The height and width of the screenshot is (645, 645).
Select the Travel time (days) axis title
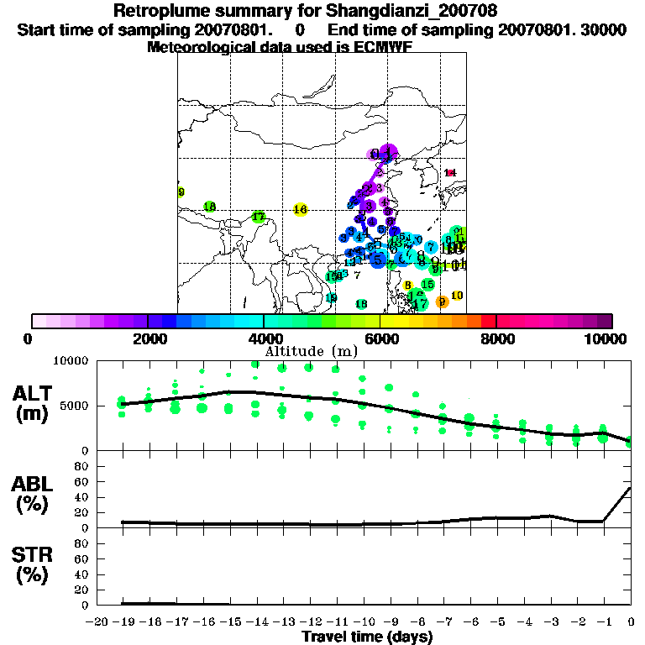[367, 637]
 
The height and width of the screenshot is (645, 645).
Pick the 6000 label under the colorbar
[380, 338]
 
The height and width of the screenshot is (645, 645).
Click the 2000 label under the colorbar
[148, 338]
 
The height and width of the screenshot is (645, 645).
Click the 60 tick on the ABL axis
[81, 482]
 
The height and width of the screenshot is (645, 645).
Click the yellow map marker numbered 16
[301, 209]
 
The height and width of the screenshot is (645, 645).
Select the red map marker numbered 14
[450, 173]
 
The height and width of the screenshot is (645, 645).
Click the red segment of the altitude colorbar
[488, 320]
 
